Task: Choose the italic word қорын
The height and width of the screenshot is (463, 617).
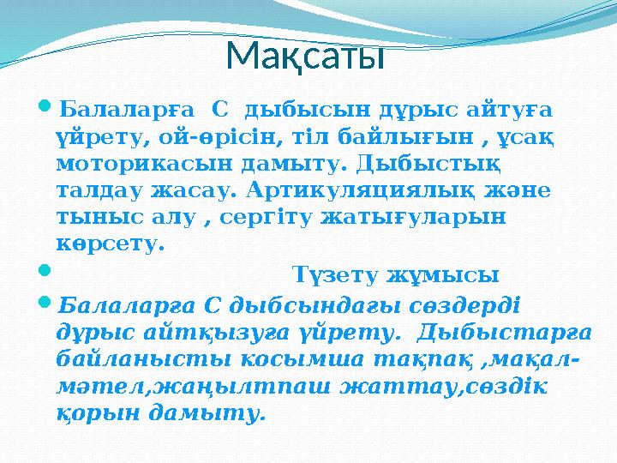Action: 94,413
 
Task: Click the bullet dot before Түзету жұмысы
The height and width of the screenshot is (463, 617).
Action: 45,274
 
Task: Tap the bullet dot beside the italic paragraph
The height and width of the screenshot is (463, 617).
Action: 45,304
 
